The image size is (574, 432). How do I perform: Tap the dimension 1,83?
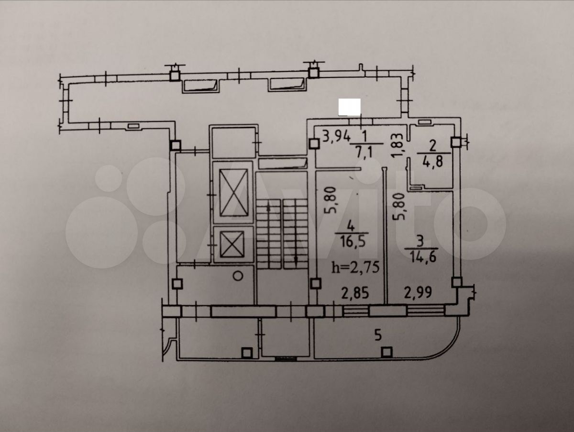coord(397,145)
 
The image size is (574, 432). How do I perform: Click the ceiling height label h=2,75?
coord(355,268)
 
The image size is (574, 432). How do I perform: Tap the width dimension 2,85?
coord(355,293)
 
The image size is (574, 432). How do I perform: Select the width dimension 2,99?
coord(418,293)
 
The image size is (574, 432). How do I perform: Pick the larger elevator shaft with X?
coord(233,193)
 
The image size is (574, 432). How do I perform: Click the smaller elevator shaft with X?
coord(232,244)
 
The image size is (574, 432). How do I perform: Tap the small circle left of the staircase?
coord(238,276)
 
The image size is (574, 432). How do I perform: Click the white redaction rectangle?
coord(349,107)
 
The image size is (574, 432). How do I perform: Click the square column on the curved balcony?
coord(386,352)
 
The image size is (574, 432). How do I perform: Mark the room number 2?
coord(433,146)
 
